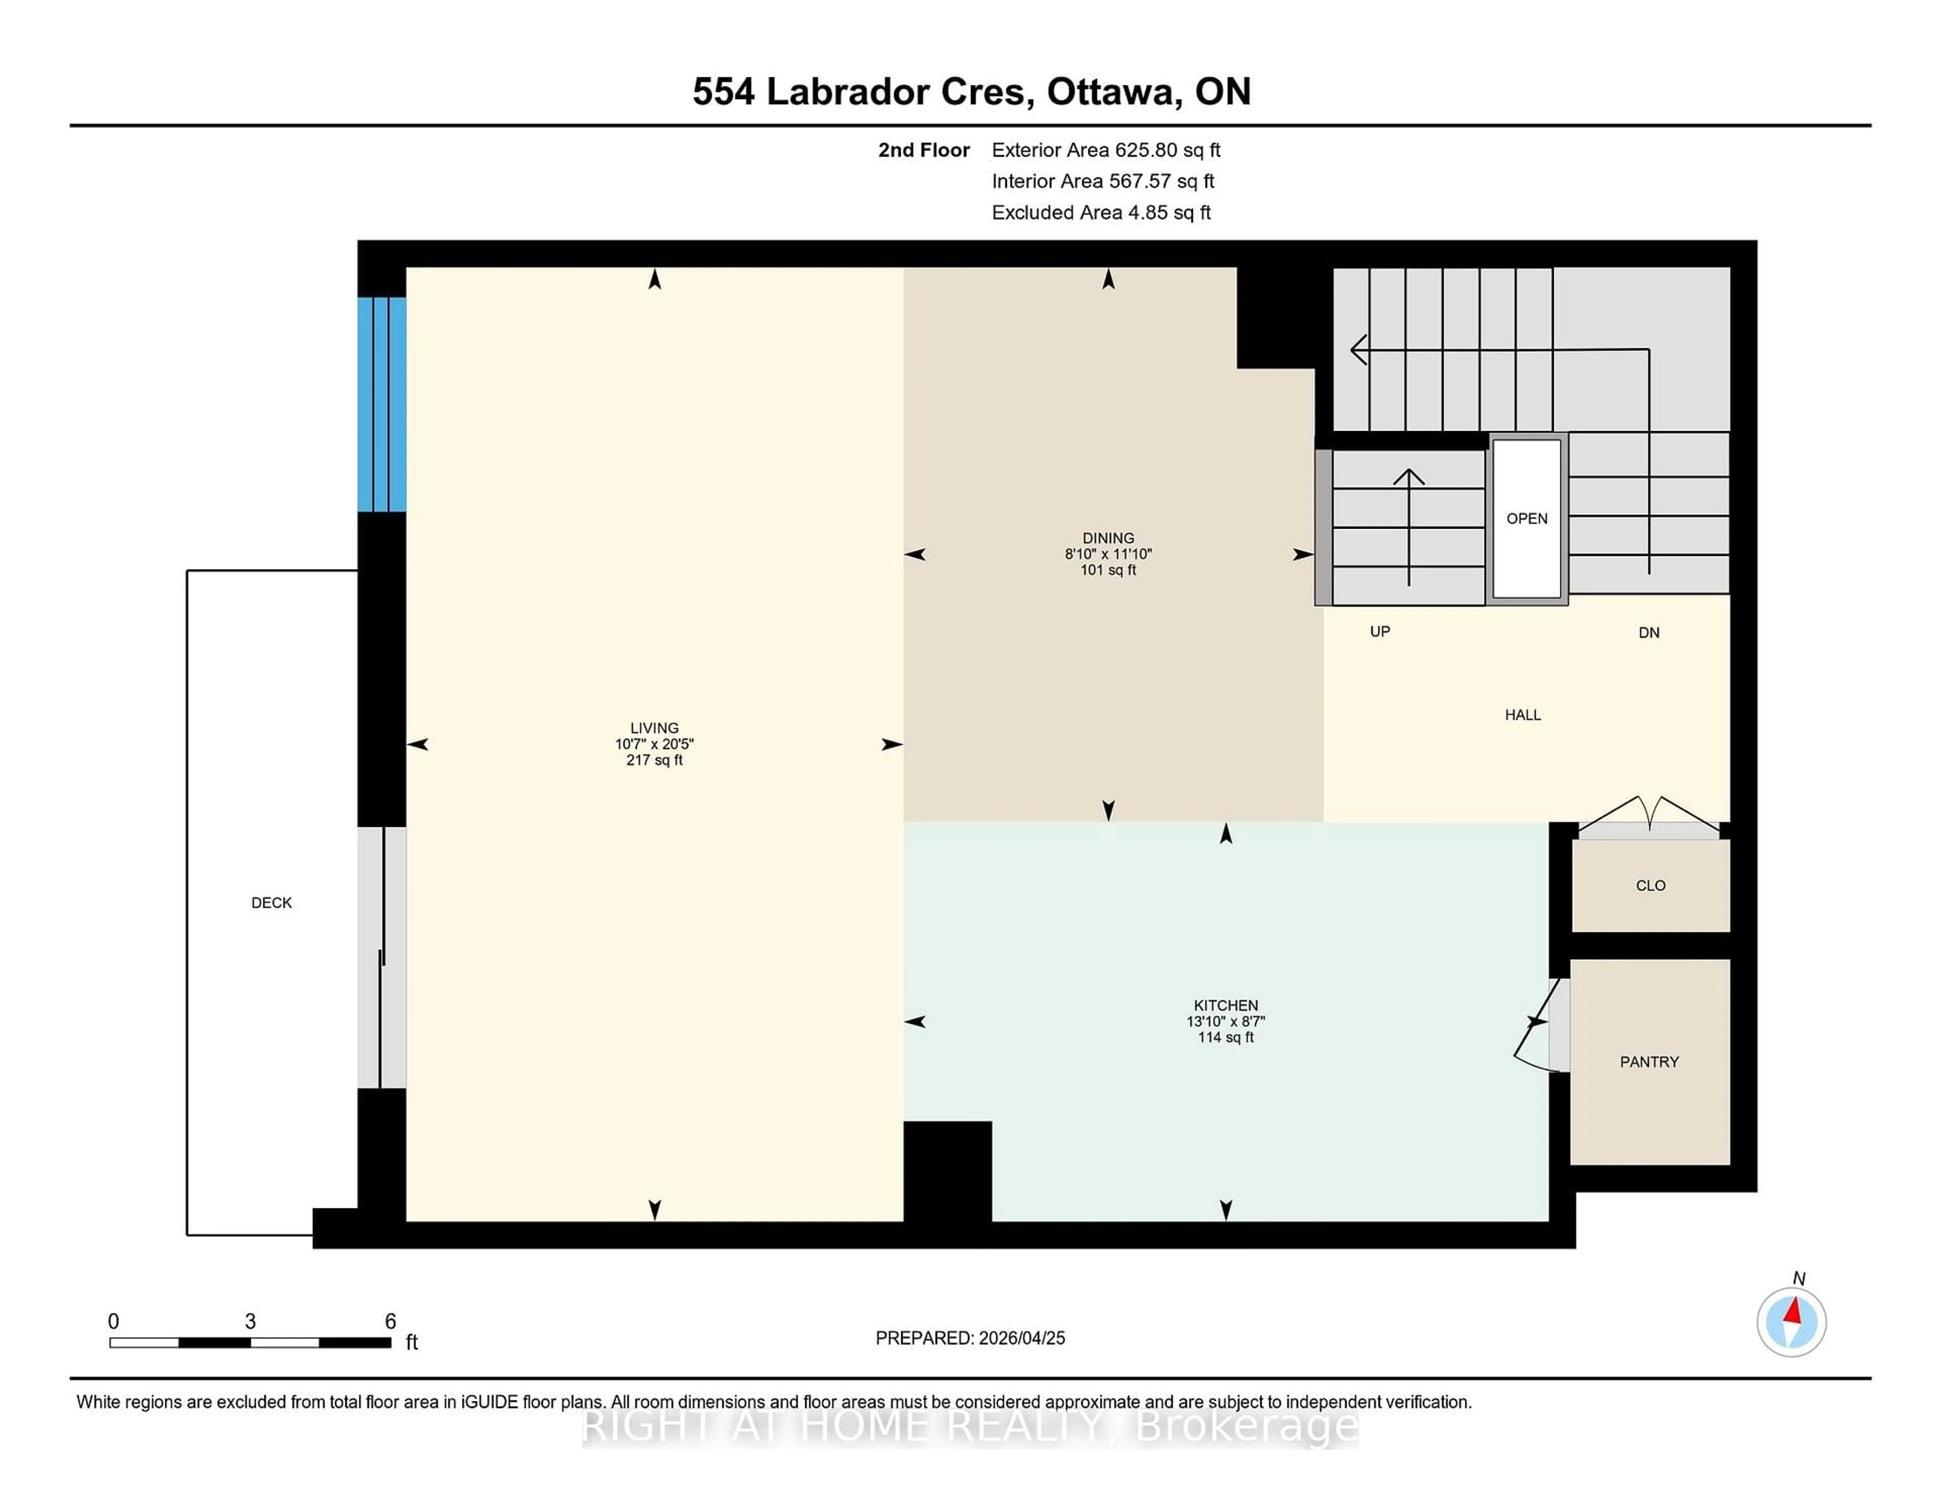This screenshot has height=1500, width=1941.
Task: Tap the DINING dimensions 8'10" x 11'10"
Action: [1108, 553]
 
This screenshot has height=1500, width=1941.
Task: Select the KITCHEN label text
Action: [1226, 1005]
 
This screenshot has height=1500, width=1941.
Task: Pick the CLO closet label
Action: [1650, 885]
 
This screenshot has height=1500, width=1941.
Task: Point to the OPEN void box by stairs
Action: [1527, 518]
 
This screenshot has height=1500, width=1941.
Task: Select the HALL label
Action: [1522, 715]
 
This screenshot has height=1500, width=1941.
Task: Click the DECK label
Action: [271, 903]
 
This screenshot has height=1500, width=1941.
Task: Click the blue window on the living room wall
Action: [382, 404]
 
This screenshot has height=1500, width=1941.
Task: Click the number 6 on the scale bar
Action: [390, 1322]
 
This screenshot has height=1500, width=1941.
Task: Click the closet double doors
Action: [1649, 816]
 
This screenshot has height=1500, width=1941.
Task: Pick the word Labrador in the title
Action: [847, 91]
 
